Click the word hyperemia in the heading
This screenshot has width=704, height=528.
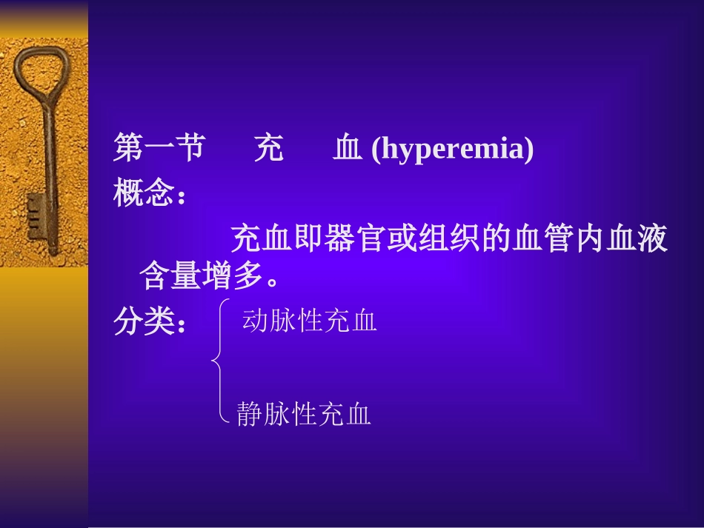[452, 150]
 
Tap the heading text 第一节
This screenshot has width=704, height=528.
[159, 149]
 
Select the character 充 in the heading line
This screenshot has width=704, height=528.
[268, 149]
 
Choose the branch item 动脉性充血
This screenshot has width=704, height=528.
[310, 322]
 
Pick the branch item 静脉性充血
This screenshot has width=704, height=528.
[304, 415]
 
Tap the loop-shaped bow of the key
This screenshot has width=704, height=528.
[38, 74]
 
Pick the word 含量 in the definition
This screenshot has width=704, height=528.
[170, 278]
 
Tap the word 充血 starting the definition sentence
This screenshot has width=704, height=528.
[256, 240]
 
